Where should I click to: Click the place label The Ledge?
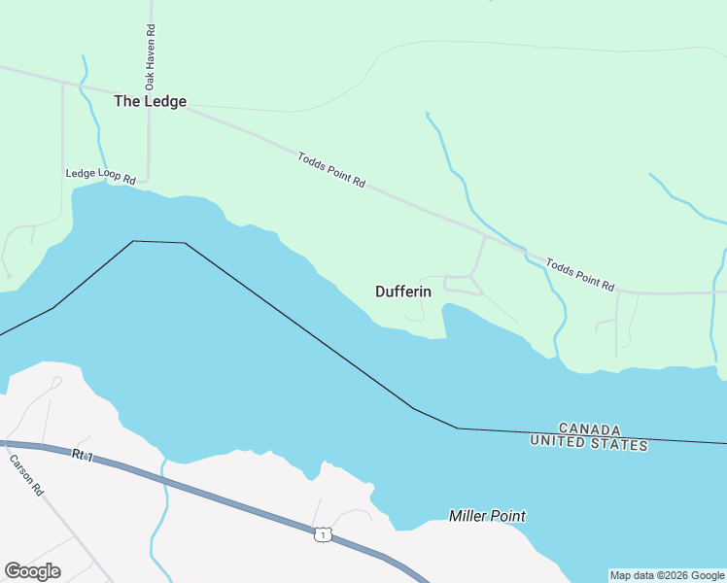pos(150,101)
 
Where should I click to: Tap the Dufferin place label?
pos(402,291)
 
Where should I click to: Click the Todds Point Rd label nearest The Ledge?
pos(331,169)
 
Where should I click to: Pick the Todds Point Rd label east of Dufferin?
pos(580,275)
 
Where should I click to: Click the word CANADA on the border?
pos(590,429)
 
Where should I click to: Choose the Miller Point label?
pos(487,515)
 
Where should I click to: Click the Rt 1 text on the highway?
pos(82,455)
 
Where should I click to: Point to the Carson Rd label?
pos(26,476)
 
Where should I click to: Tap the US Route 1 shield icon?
pos(322,534)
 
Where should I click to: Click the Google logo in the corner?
pos(32,570)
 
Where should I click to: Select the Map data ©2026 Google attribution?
pos(667,575)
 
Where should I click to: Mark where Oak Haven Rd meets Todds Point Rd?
pos(149,97)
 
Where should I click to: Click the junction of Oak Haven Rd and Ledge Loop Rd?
pos(147,180)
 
